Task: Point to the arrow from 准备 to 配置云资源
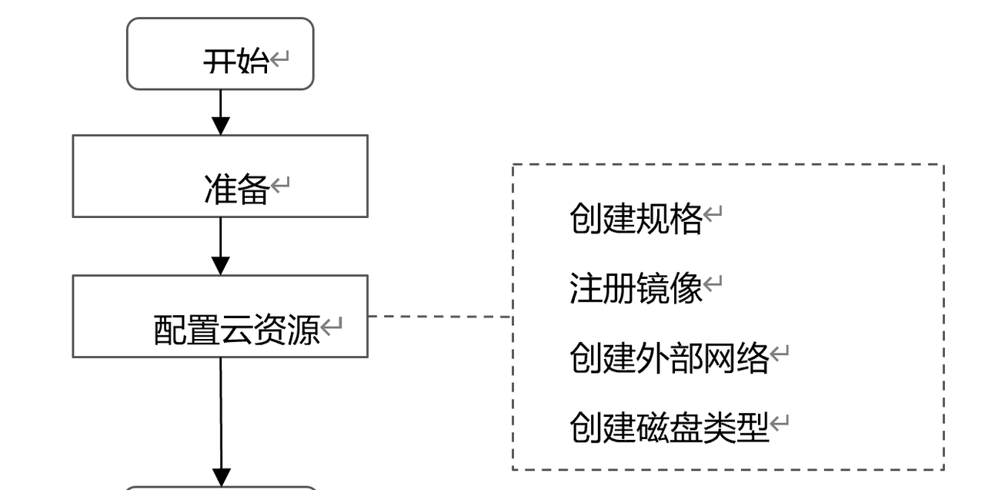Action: pyautogui.click(x=221, y=246)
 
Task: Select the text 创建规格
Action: pyautogui.click(x=636, y=220)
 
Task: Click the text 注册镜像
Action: pyautogui.click(x=636, y=289)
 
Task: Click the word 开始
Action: pyautogui.click(x=236, y=61)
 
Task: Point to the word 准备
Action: pyautogui.click(x=236, y=190)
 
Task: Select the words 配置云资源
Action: pyautogui.click(x=236, y=331)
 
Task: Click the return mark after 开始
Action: pyautogui.click(x=279, y=58)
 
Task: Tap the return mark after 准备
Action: pyautogui.click(x=279, y=185)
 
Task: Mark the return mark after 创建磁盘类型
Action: pyautogui.click(x=780, y=422)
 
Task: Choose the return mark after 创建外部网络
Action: pyautogui.click(x=780, y=353)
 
